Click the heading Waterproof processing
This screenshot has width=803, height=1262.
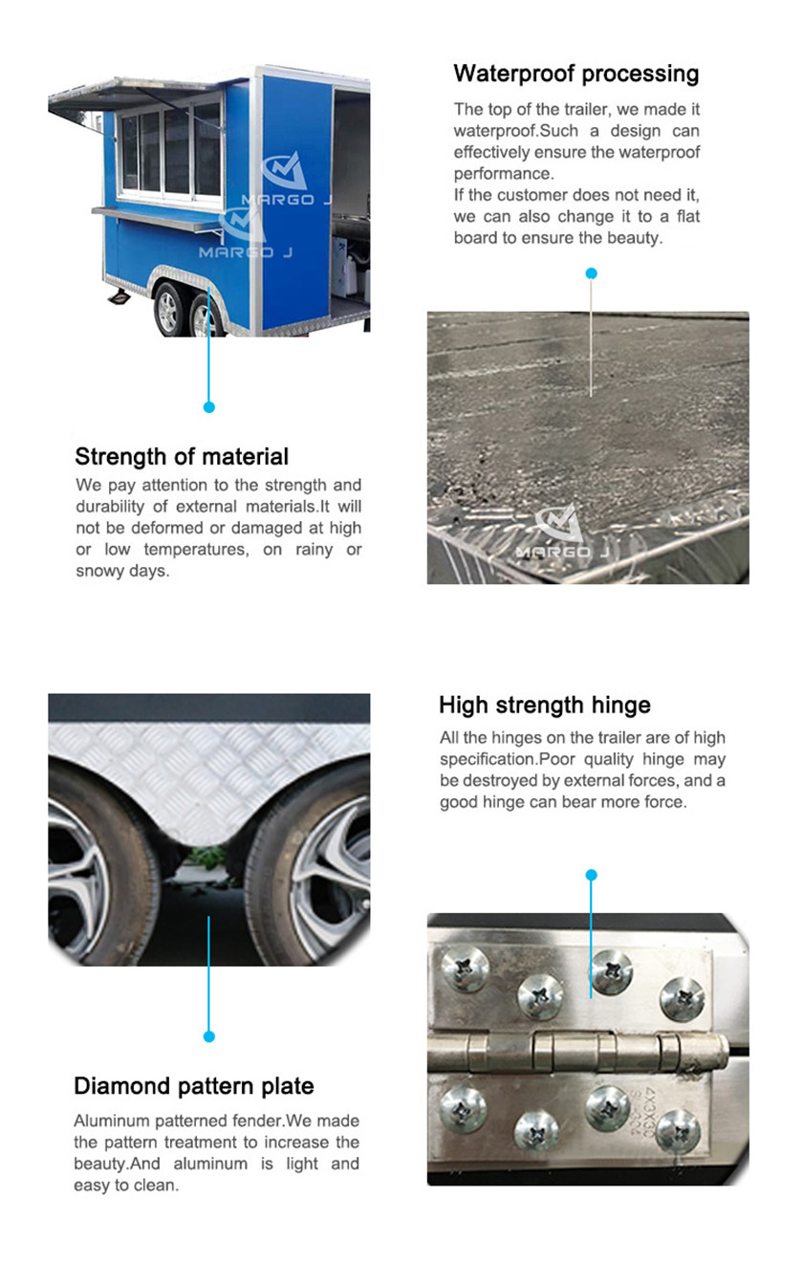(x=575, y=75)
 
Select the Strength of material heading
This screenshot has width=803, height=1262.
(x=182, y=456)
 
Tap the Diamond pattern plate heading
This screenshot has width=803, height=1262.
(x=194, y=1086)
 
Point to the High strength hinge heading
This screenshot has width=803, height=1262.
(x=544, y=706)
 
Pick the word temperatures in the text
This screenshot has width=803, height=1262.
(x=196, y=550)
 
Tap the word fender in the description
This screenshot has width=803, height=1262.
(x=259, y=1121)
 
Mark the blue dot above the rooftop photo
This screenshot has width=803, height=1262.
(x=591, y=273)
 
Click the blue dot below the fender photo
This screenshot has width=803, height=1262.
(x=209, y=1036)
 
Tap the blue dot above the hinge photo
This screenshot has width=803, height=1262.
(x=591, y=875)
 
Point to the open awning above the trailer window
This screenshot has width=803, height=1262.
(x=135, y=96)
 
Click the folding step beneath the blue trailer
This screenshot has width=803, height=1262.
(x=119, y=296)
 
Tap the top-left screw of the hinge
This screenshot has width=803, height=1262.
(x=465, y=969)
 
